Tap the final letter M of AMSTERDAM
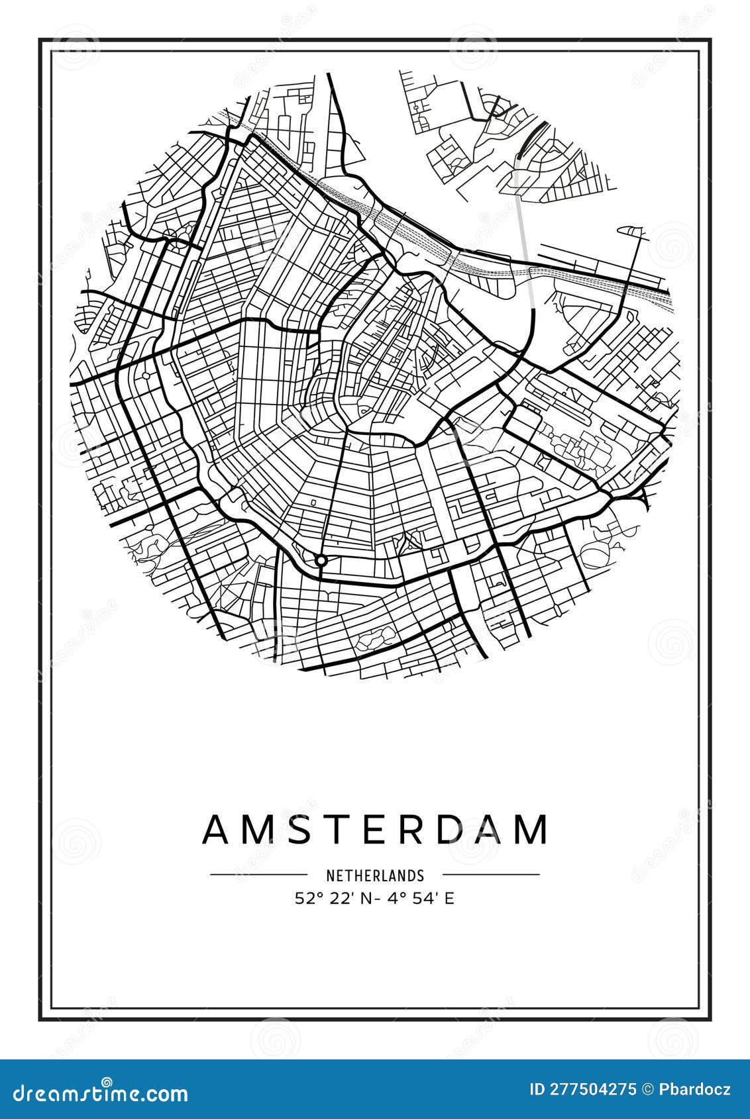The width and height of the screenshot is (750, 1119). point(529,830)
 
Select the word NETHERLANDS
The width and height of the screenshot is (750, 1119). point(374,875)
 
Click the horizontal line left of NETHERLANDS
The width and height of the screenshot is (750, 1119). point(258,875)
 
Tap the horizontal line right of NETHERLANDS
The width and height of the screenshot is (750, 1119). point(491,875)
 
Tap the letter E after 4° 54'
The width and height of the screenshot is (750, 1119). point(450,899)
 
